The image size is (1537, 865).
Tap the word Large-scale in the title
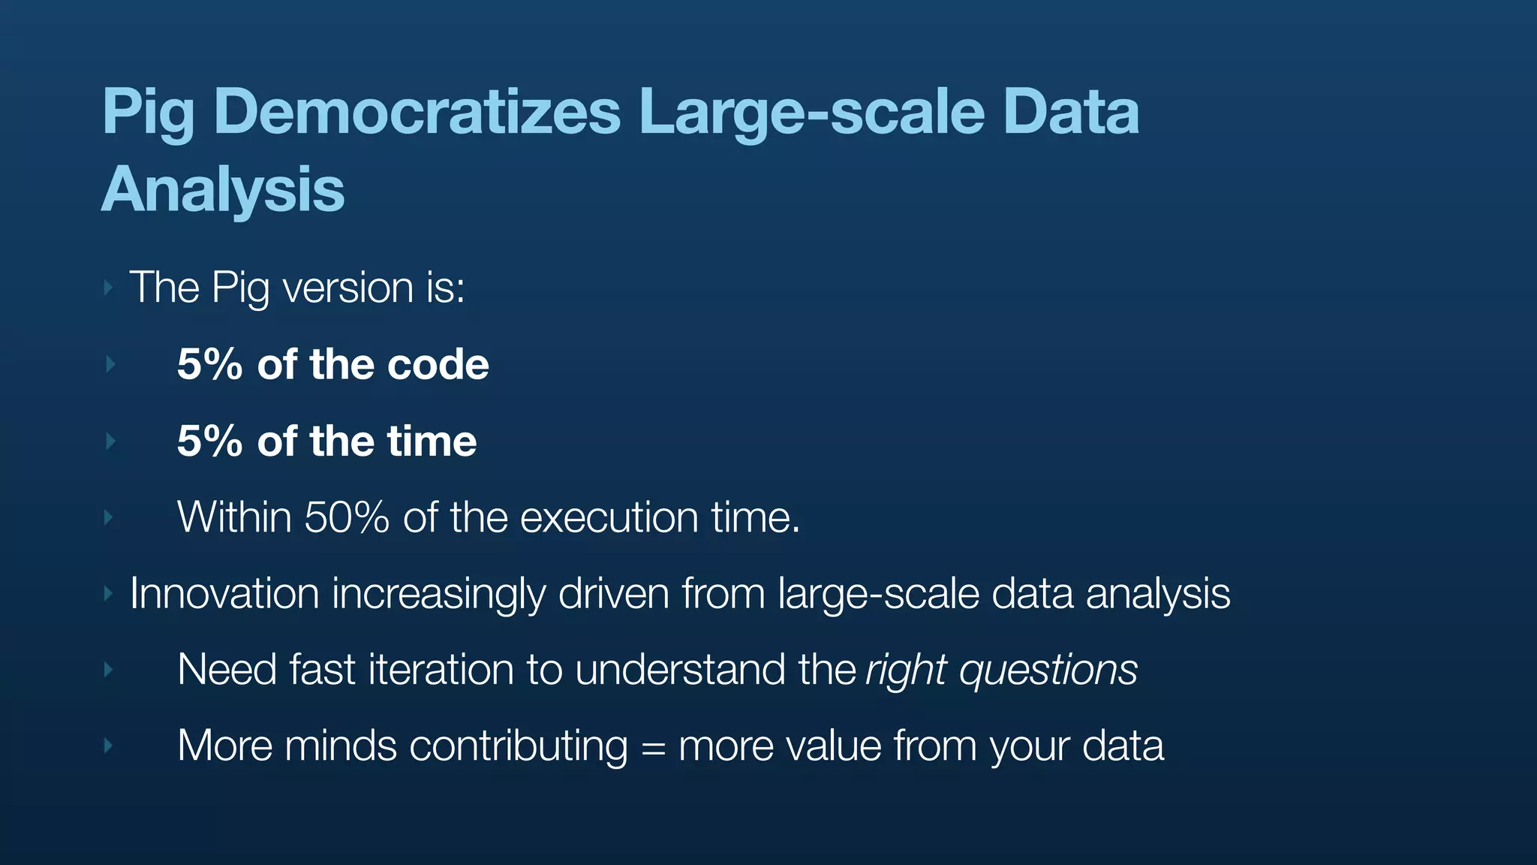[x=811, y=113]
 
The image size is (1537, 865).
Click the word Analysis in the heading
[x=223, y=189]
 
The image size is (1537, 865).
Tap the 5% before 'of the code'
[x=209, y=364]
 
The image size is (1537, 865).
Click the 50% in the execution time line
[x=347, y=517]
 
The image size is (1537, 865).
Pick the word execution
[x=609, y=517]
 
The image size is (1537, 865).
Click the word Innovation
[x=224, y=593]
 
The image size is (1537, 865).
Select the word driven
[x=613, y=593]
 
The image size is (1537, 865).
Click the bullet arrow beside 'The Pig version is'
[x=109, y=288]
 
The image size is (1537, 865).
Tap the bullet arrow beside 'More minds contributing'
[x=109, y=746]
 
